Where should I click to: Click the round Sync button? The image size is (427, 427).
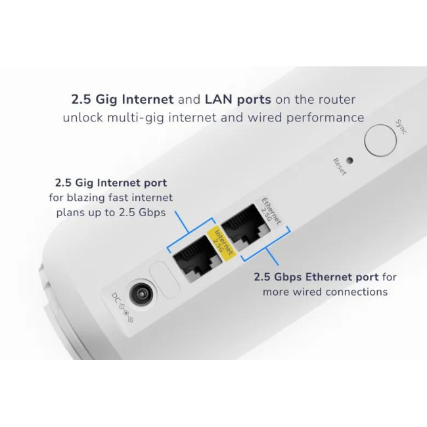click(x=380, y=140)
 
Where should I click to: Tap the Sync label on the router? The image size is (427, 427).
click(x=401, y=127)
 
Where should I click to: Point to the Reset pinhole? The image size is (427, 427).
click(x=349, y=160)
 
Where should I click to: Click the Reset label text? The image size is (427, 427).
click(x=340, y=167)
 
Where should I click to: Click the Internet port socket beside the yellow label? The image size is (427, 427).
click(x=196, y=258)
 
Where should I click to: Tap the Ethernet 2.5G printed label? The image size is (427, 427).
click(x=269, y=211)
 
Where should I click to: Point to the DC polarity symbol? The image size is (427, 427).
click(x=126, y=313)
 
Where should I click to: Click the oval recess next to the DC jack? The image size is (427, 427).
click(x=164, y=279)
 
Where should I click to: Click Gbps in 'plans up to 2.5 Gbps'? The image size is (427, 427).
click(x=152, y=212)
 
